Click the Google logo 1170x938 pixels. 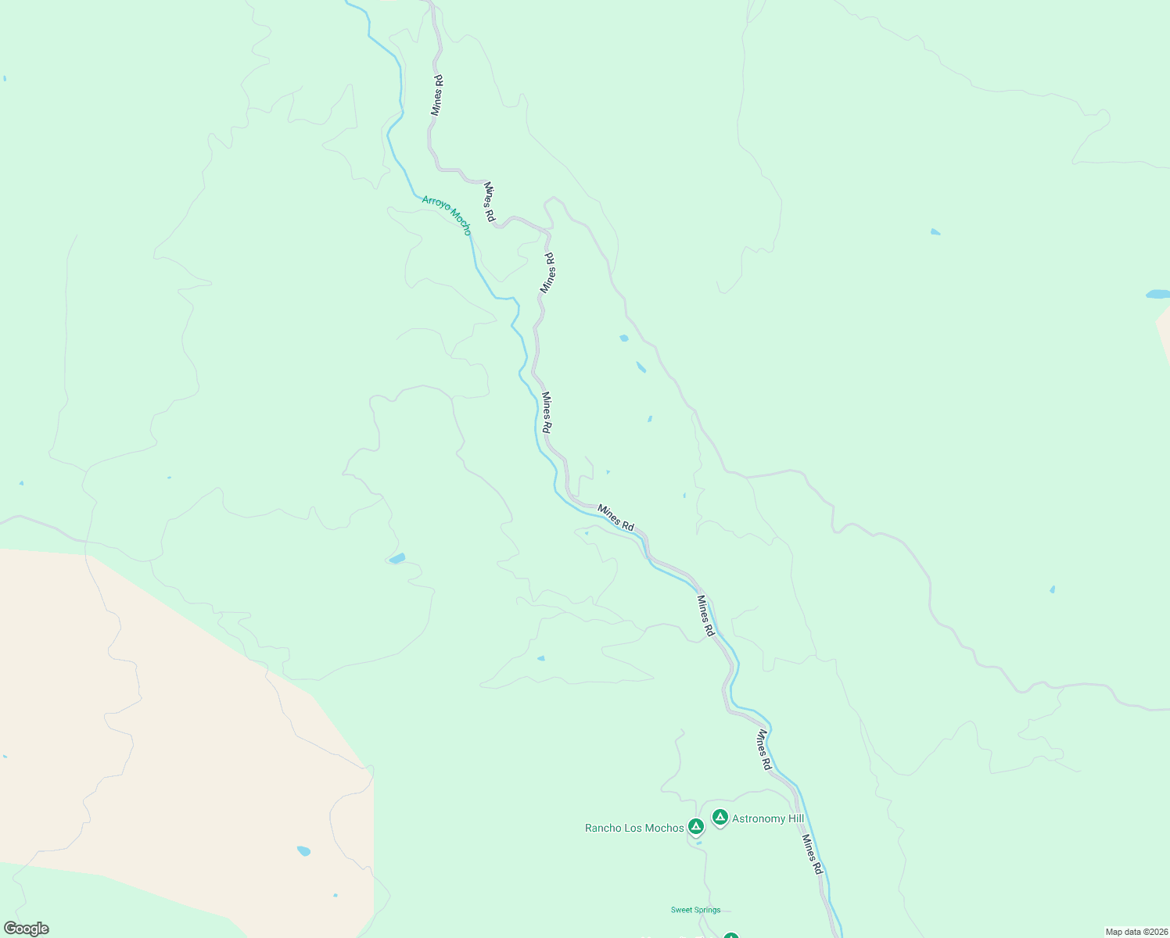(x=27, y=929)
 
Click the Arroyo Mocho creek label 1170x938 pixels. (x=447, y=215)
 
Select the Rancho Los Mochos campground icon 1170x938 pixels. (x=695, y=826)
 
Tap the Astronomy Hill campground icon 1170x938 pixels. (x=720, y=818)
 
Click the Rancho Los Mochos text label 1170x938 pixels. (x=634, y=829)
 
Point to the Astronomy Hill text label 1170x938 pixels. (x=767, y=819)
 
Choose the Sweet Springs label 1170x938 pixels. (x=695, y=910)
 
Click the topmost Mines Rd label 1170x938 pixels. (x=437, y=95)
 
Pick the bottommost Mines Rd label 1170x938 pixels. (x=813, y=854)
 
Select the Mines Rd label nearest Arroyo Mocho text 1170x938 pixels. (x=490, y=202)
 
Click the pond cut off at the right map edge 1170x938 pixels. (x=1158, y=295)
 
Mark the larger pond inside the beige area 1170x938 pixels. (x=303, y=850)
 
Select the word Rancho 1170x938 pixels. (x=602, y=829)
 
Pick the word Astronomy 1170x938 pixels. (x=757, y=819)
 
